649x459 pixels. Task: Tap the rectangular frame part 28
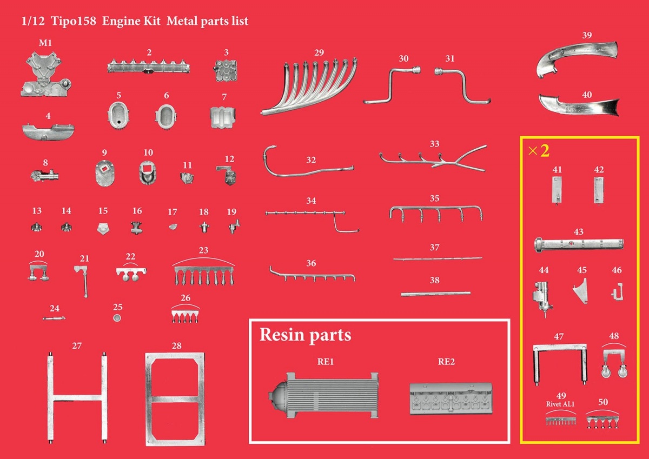pyautogui.click(x=175, y=398)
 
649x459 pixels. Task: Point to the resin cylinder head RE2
pyautogui.click(x=451, y=398)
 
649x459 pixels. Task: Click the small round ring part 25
pyautogui.click(x=117, y=318)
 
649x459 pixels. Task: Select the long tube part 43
pyautogui.click(x=579, y=245)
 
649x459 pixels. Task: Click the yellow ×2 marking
pyautogui.click(x=539, y=151)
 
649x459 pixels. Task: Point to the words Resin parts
pyautogui.click(x=305, y=335)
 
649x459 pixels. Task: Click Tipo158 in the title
pyautogui.click(x=74, y=21)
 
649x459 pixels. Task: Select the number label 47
pyautogui.click(x=559, y=336)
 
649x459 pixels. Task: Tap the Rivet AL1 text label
pyautogui.click(x=560, y=404)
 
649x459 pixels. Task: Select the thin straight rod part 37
pyautogui.click(x=438, y=258)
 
